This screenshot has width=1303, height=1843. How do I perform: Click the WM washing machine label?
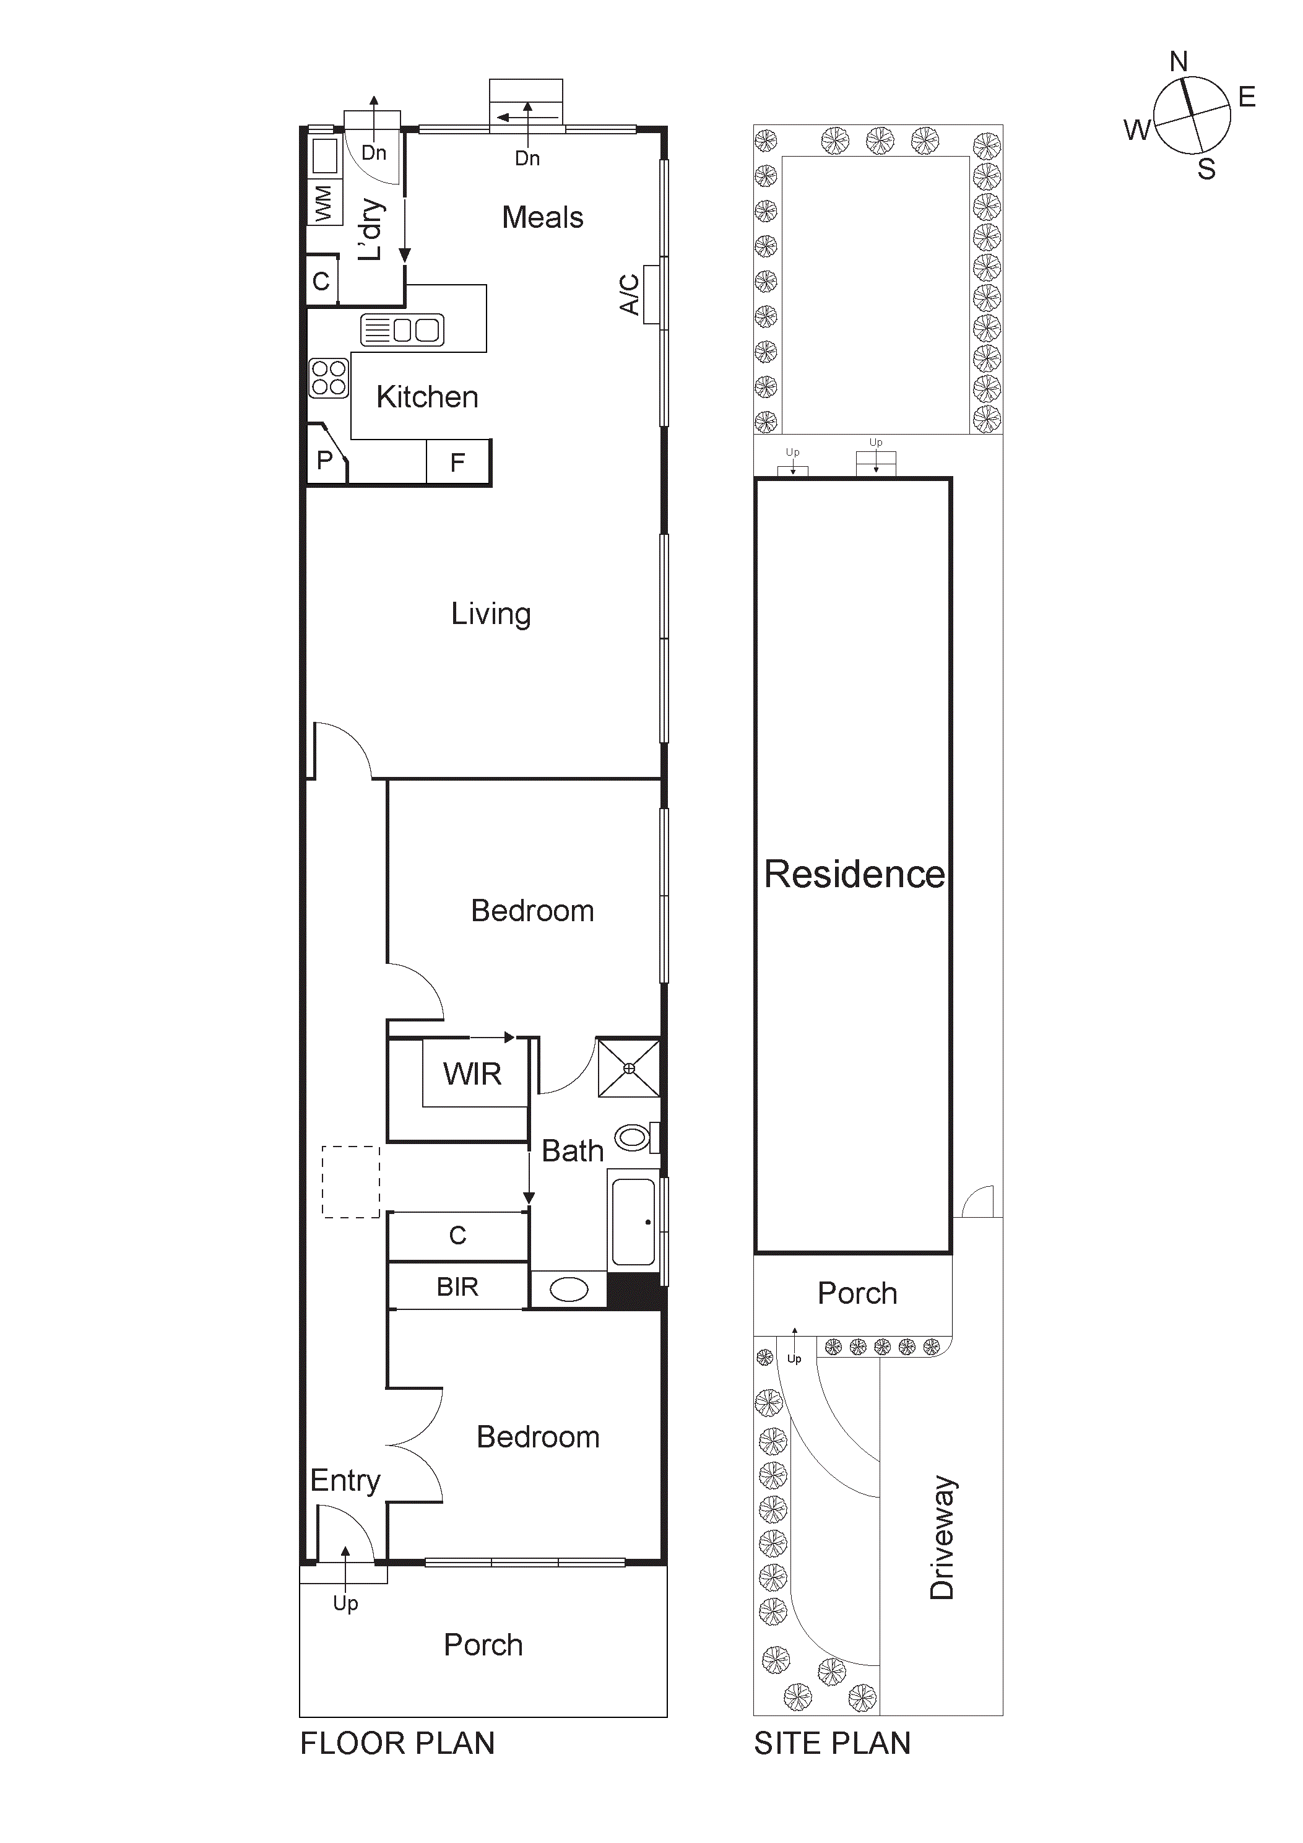tap(324, 203)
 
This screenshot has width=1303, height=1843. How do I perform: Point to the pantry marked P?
tap(324, 460)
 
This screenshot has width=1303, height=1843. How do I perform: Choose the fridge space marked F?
tap(457, 462)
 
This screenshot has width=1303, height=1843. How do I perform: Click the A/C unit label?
tap(630, 295)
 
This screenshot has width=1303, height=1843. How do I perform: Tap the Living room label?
tap(490, 614)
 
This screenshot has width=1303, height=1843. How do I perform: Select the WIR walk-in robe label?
tap(472, 1074)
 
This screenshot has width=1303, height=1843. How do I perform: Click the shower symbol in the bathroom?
tap(629, 1069)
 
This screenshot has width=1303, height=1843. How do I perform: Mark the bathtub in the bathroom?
tap(633, 1221)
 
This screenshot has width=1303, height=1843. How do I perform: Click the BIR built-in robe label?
tap(457, 1286)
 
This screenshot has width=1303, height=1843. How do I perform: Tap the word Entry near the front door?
tap(345, 1480)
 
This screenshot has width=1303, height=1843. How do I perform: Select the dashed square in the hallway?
tap(351, 1182)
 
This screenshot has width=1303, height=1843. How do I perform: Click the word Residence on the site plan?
tap(854, 874)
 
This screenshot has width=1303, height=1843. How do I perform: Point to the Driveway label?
tap(943, 1537)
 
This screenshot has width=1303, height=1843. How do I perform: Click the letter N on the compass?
tap(1179, 62)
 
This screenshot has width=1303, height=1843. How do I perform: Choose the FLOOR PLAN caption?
tap(397, 1743)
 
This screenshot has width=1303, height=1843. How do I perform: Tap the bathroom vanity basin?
tap(568, 1290)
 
